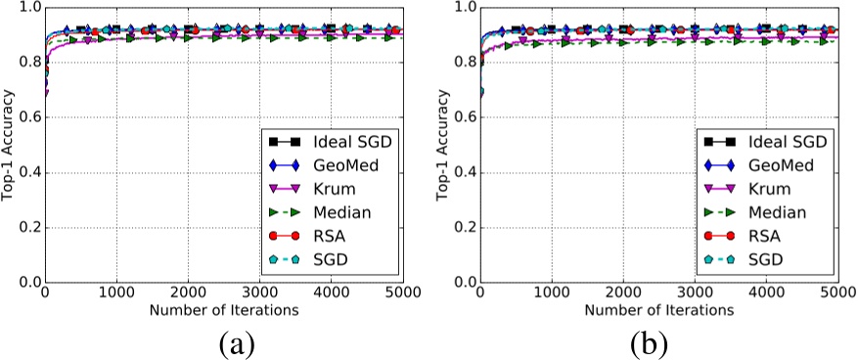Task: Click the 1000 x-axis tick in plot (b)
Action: (552, 293)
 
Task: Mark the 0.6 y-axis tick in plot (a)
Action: (27, 117)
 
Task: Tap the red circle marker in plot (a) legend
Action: (285, 236)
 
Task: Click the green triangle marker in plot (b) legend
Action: (721, 213)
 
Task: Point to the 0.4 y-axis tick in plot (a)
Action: (27, 173)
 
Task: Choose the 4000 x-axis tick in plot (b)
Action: (766, 293)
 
